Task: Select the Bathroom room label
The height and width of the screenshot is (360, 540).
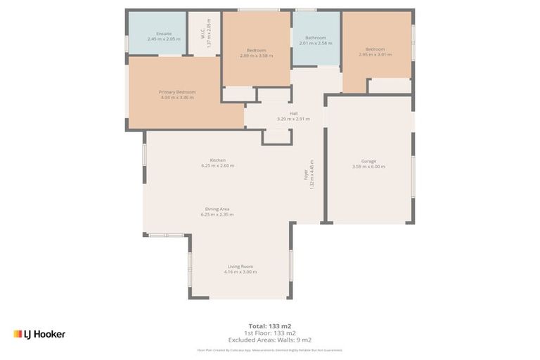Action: click(315, 37)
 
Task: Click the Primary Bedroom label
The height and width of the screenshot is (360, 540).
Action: click(176, 92)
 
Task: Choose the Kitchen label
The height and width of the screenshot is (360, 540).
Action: click(217, 160)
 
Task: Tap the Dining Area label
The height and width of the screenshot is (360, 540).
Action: click(217, 209)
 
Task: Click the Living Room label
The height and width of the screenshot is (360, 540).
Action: click(240, 266)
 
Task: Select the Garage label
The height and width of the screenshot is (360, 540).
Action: click(369, 161)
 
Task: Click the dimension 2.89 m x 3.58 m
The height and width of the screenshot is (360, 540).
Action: click(256, 56)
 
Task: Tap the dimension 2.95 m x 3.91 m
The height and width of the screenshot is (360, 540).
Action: click(375, 55)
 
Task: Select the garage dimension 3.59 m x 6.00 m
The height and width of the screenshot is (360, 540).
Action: click(369, 167)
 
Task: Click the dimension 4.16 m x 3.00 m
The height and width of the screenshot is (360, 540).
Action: click(240, 272)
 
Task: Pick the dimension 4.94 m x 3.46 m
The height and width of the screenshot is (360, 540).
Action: click(176, 98)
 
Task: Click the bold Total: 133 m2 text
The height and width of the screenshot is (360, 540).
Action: click(270, 326)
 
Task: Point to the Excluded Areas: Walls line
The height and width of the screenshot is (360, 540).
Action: click(270, 340)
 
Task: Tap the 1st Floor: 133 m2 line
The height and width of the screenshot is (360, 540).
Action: click(270, 333)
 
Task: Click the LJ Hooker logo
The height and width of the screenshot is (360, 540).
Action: click(39, 334)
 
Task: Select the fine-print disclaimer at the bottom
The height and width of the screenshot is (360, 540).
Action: click(270, 349)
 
